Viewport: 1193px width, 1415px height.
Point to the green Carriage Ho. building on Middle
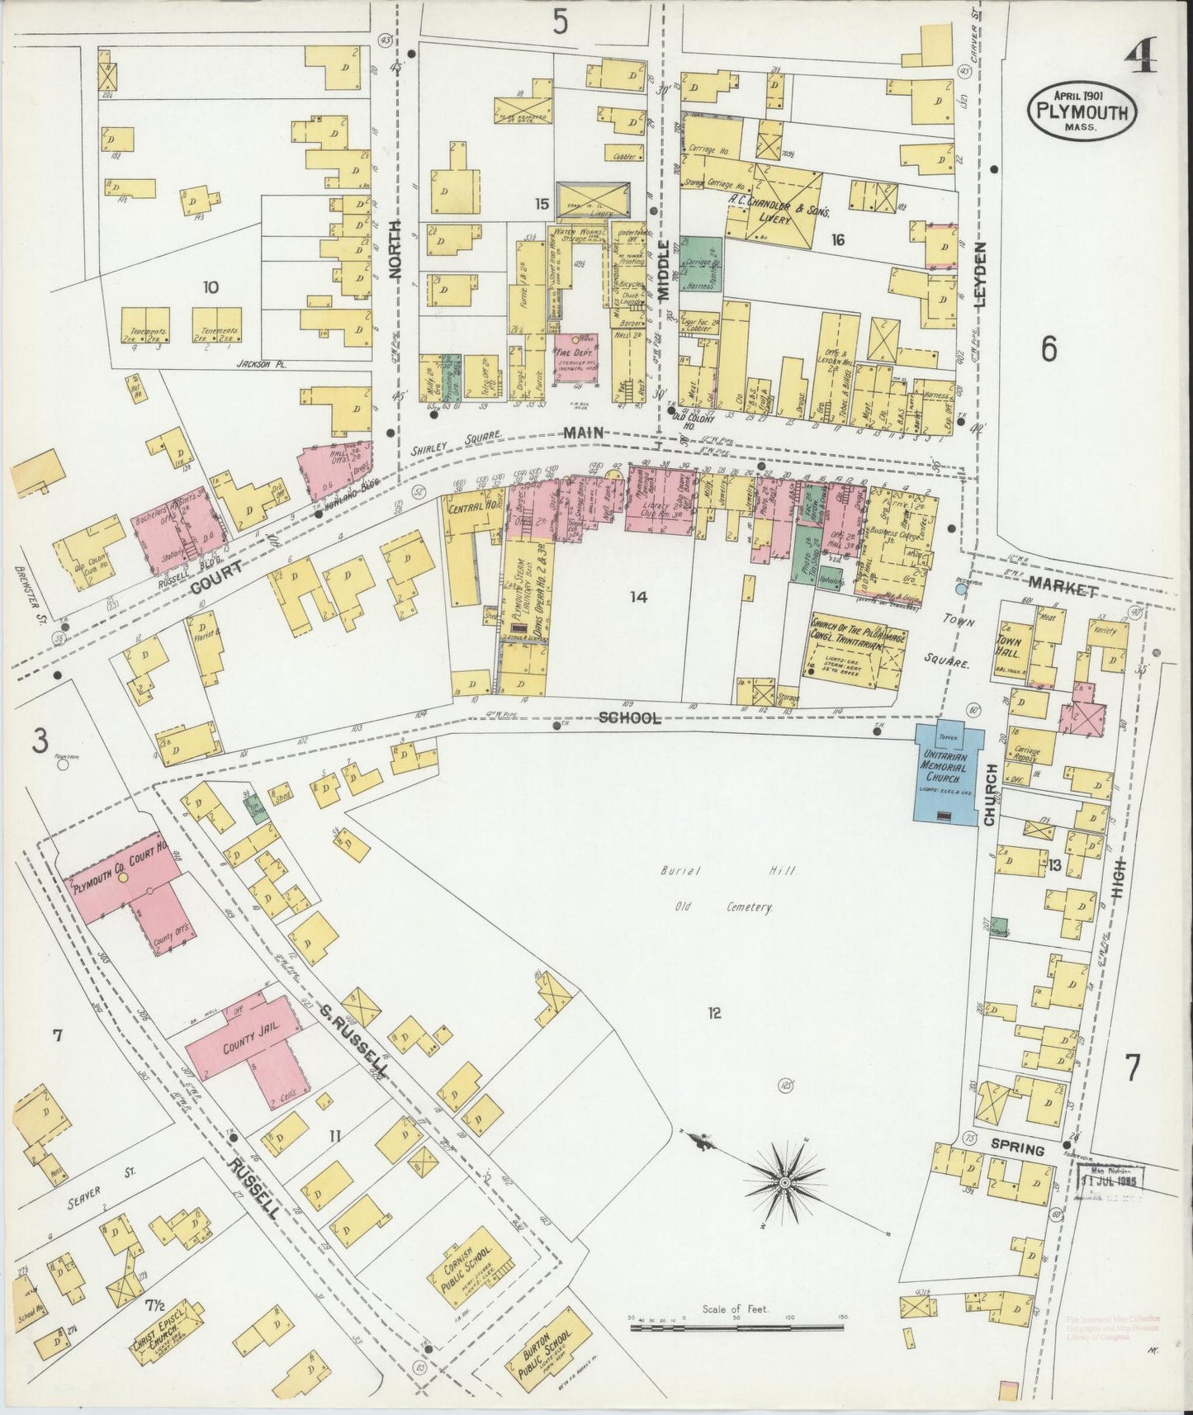pyautogui.click(x=701, y=263)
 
